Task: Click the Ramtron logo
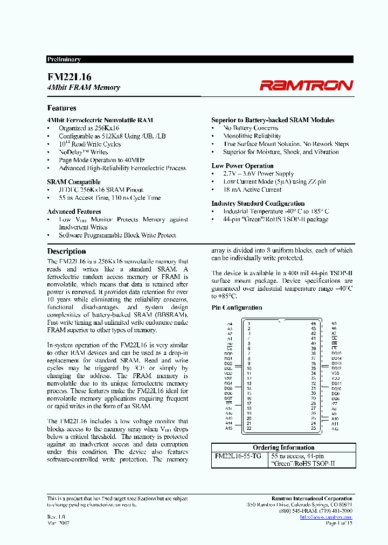pyautogui.click(x=306, y=85)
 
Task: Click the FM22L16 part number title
pyautogui.click(x=69, y=77)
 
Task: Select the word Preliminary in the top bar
pyautogui.click(x=64, y=59)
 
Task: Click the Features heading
pyautogui.click(x=61, y=108)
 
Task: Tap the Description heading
pyautogui.click(x=66, y=251)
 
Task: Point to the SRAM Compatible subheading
pyautogui.click(x=73, y=182)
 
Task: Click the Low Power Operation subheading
pyautogui.click(x=242, y=166)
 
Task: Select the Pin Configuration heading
pyautogui.click(x=237, y=308)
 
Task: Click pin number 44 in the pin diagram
pyautogui.click(x=313, y=324)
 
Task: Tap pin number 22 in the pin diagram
pyautogui.click(x=248, y=429)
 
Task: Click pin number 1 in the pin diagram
pyautogui.click(x=248, y=324)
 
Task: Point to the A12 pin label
pyautogui.click(x=335, y=429)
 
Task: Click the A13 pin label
pyautogui.click(x=229, y=429)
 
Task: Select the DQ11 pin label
pyautogui.click(x=336, y=383)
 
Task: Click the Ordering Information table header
pyautogui.click(x=283, y=448)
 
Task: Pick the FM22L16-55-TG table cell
pyautogui.click(x=238, y=456)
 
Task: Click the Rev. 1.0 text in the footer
pyautogui.click(x=56, y=516)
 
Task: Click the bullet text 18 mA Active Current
pyautogui.click(x=252, y=190)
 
